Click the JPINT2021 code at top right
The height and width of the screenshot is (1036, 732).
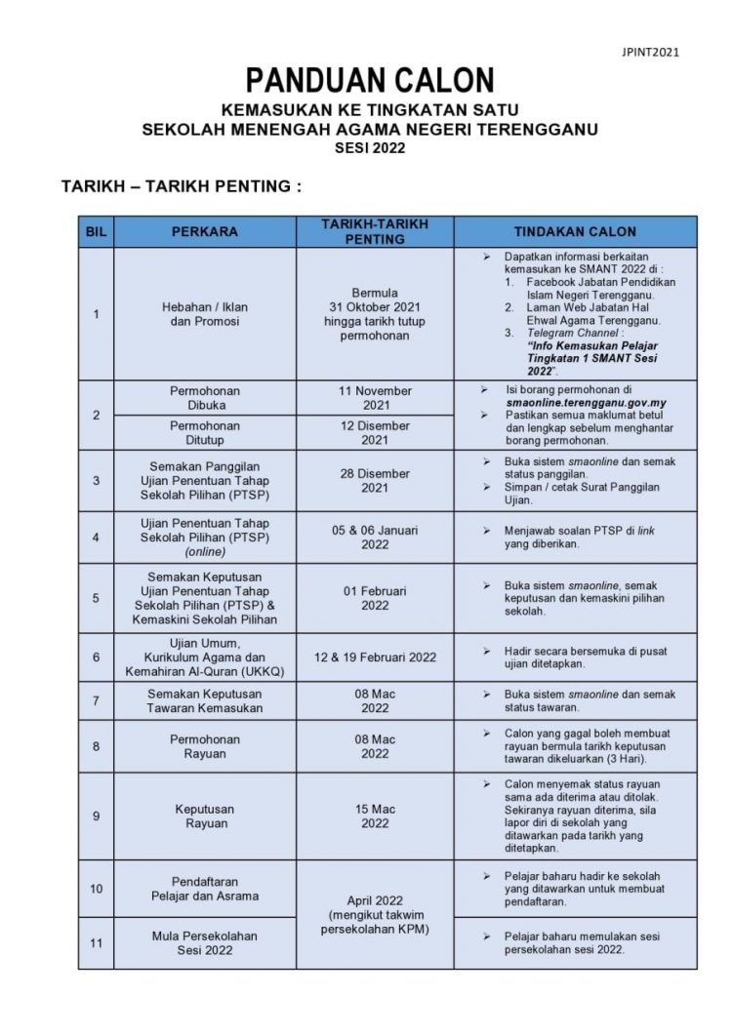pyautogui.click(x=651, y=52)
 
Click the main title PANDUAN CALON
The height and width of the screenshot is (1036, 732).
pyautogui.click(x=369, y=81)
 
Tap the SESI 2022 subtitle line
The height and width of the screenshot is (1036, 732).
pyautogui.click(x=369, y=148)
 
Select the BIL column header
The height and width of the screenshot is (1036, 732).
pyautogui.click(x=96, y=232)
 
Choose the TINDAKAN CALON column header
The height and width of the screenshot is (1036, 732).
pyautogui.click(x=575, y=232)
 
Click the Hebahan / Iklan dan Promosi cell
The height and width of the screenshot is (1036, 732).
pyautogui.click(x=204, y=313)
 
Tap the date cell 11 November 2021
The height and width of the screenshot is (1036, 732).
pyautogui.click(x=375, y=397)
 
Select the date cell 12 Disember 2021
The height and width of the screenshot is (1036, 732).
pyautogui.click(x=375, y=433)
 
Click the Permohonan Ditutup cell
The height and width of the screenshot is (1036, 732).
pyautogui.click(x=204, y=433)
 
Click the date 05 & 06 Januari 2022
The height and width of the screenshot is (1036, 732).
pyautogui.click(x=375, y=538)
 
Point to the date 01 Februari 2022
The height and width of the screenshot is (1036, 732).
pyautogui.click(x=375, y=598)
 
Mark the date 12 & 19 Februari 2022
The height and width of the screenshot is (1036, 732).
pyautogui.click(x=375, y=657)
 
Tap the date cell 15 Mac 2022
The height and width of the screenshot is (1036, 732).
pyautogui.click(x=375, y=816)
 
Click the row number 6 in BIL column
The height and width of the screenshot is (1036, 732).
pyautogui.click(x=96, y=657)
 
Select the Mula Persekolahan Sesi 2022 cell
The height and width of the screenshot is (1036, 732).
pyautogui.click(x=204, y=942)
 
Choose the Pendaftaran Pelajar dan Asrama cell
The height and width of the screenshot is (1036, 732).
pyautogui.click(x=204, y=888)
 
